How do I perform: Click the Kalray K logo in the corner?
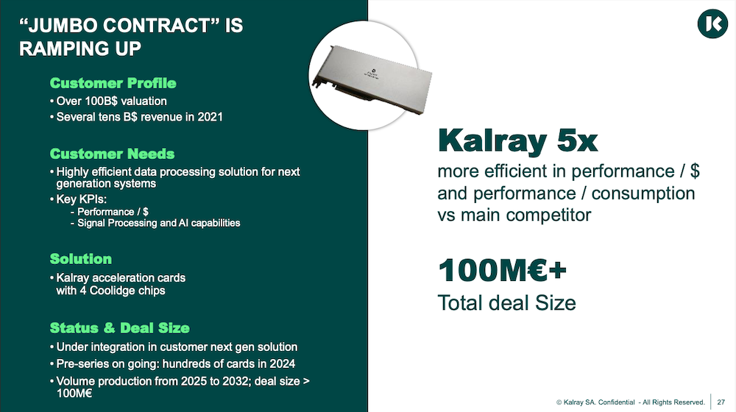pos(712,24)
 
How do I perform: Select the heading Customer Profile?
pos(113,83)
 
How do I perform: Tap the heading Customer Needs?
pos(112,154)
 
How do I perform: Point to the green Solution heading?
pos(81,259)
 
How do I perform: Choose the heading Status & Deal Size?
pos(120,328)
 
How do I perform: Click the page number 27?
pos(721,402)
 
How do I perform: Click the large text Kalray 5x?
pos(517,141)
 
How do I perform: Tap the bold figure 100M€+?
pos(502,270)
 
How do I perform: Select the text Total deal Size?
pos(506,302)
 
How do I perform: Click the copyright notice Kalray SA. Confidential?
pos(595,402)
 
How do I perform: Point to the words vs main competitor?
pos(514,215)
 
